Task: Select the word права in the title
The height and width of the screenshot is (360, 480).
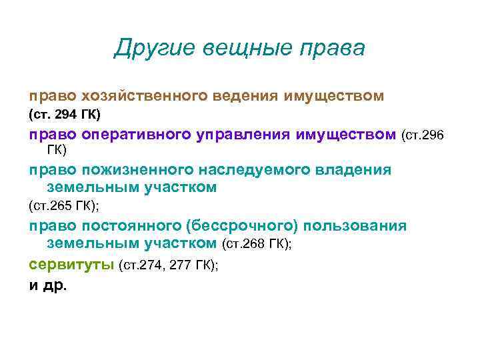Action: (333, 49)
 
